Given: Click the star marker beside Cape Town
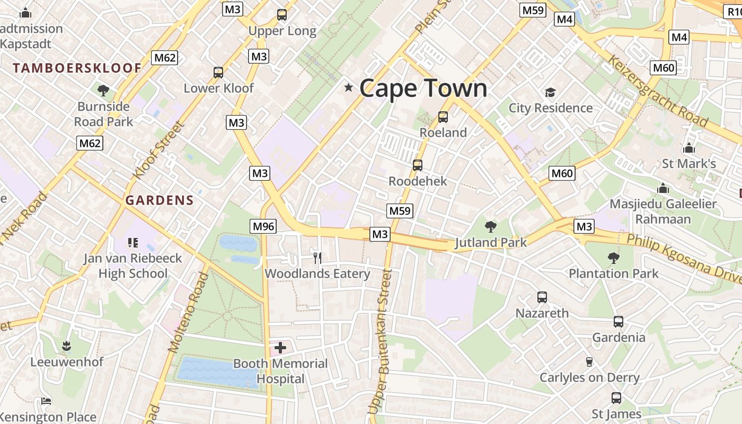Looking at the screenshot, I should click(x=348, y=87).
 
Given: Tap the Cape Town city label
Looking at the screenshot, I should click(x=423, y=88).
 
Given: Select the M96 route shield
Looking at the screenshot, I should click(x=263, y=226).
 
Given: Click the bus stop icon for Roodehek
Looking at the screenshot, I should click(x=418, y=165).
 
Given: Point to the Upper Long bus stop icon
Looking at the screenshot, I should click(x=282, y=15).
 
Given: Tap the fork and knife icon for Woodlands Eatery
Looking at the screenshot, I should click(x=317, y=258).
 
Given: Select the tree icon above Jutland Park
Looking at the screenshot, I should click(x=491, y=227).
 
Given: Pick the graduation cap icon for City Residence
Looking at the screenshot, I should click(x=550, y=93).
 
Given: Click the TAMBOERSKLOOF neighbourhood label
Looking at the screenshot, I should click(x=77, y=68).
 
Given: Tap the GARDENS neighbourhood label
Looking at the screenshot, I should click(x=160, y=200).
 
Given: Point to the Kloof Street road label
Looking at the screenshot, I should click(x=158, y=151).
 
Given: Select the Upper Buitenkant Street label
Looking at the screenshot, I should click(x=381, y=342).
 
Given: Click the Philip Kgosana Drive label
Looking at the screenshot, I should click(x=684, y=258).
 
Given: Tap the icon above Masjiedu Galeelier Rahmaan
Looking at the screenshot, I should click(x=662, y=189).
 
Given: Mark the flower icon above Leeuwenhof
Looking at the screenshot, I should click(x=66, y=346).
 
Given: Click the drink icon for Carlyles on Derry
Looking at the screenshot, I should click(x=589, y=362).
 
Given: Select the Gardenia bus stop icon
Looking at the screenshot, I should click(x=619, y=322).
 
